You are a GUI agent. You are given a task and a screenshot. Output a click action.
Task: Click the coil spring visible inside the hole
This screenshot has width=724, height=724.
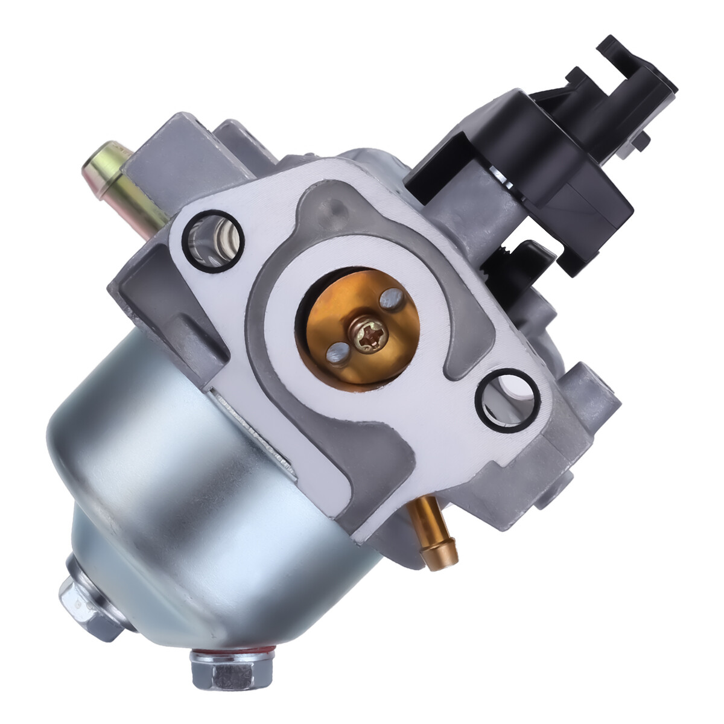tap(215, 238)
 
